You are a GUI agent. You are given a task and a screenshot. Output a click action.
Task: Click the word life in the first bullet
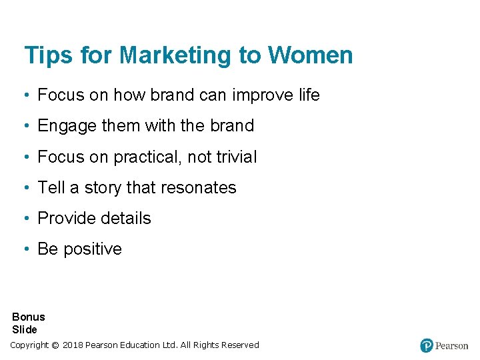click(x=309, y=95)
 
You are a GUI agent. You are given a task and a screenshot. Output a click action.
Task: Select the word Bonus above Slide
click(x=29, y=317)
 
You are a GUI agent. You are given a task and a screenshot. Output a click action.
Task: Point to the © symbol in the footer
click(x=55, y=345)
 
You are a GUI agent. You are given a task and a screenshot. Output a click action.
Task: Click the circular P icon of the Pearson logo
click(x=427, y=345)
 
